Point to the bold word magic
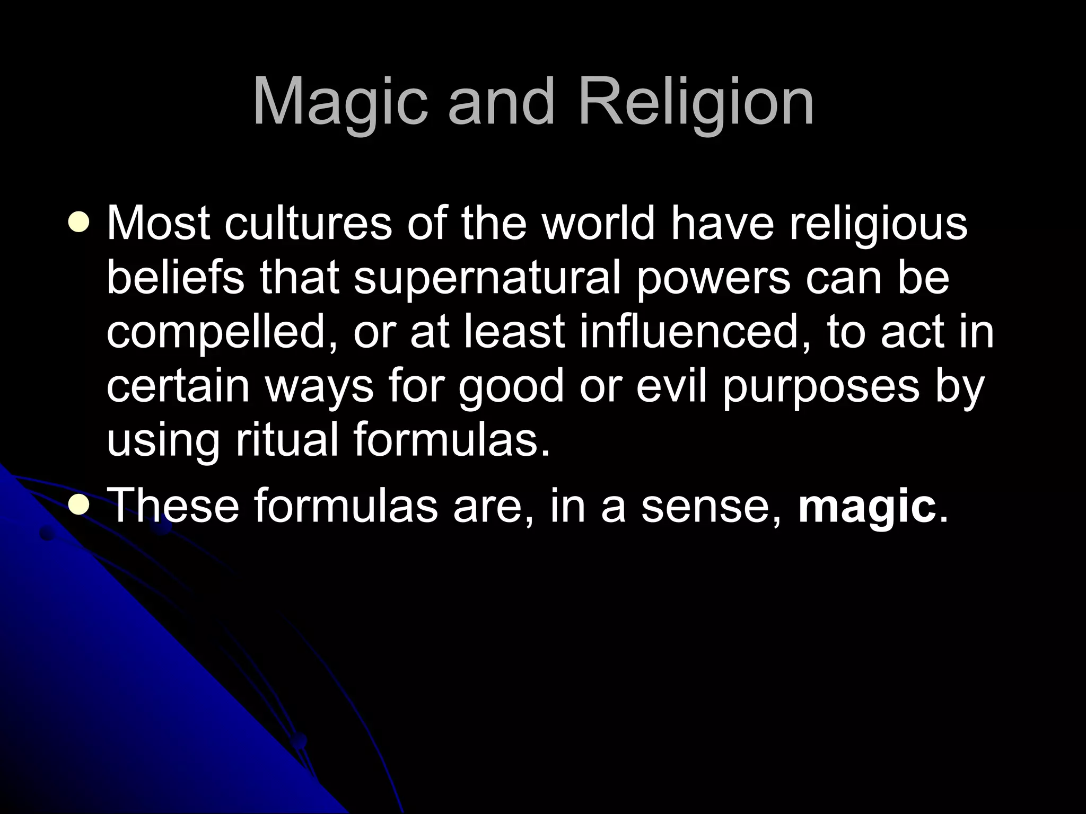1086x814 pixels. pyautogui.click(x=866, y=506)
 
